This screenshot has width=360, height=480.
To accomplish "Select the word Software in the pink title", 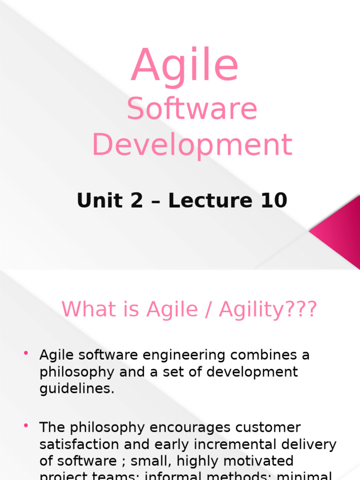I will [x=192, y=109].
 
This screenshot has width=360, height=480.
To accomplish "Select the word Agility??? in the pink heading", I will [x=275, y=309].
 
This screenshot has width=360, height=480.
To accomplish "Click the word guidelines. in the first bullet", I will [x=77, y=389].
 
